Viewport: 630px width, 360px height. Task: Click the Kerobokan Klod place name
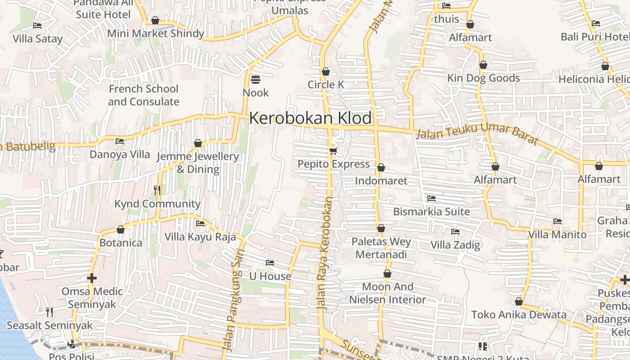[x=310, y=118]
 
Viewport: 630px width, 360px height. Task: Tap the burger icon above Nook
[x=256, y=80]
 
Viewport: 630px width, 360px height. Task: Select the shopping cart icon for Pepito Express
[x=333, y=150]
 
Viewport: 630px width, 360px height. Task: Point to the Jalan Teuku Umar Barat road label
[x=477, y=134]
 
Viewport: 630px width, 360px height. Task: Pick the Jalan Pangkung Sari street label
[x=234, y=299]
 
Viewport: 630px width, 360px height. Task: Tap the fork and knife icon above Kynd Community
[x=157, y=190]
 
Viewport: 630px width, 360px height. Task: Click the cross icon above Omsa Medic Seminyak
[x=92, y=278]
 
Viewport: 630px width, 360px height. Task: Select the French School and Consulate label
[x=144, y=95]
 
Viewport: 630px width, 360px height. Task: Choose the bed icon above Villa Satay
[x=37, y=26]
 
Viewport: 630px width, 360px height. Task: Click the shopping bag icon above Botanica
[x=121, y=229]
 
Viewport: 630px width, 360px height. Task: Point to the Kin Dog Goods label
[x=483, y=78]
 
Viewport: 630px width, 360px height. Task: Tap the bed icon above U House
[x=270, y=262]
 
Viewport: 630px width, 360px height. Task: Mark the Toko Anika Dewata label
[x=518, y=315]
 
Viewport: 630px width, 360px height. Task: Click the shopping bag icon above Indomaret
[x=381, y=167]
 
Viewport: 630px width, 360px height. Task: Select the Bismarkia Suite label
[x=431, y=211]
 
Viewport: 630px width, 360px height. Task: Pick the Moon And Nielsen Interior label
[x=387, y=293]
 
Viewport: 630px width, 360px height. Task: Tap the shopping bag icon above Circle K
[x=326, y=72]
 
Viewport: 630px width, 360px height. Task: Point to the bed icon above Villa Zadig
[x=455, y=232]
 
